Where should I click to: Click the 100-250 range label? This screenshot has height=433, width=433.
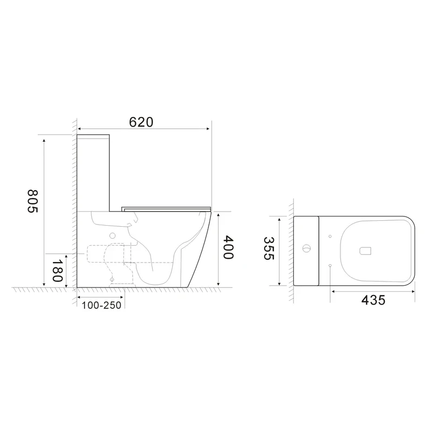click(101, 305)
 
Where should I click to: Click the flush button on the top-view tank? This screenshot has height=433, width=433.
click(307, 250)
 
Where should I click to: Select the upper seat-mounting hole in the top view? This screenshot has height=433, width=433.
click(330, 236)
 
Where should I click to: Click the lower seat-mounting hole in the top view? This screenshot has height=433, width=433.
click(330, 265)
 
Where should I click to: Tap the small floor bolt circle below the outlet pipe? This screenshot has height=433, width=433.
click(113, 280)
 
